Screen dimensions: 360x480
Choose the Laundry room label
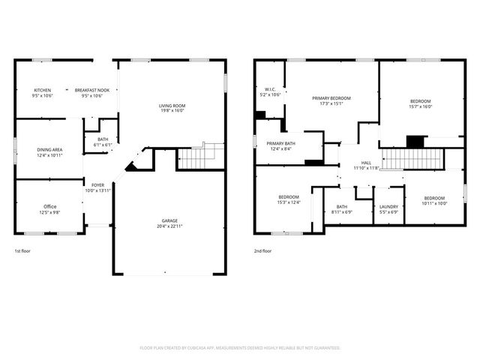pyautogui.click(x=388, y=209)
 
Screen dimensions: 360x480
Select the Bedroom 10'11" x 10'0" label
pyautogui.click(x=433, y=200)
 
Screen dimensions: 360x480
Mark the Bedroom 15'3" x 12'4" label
pyautogui.click(x=289, y=199)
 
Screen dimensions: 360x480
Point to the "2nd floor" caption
pyautogui.click(x=263, y=251)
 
